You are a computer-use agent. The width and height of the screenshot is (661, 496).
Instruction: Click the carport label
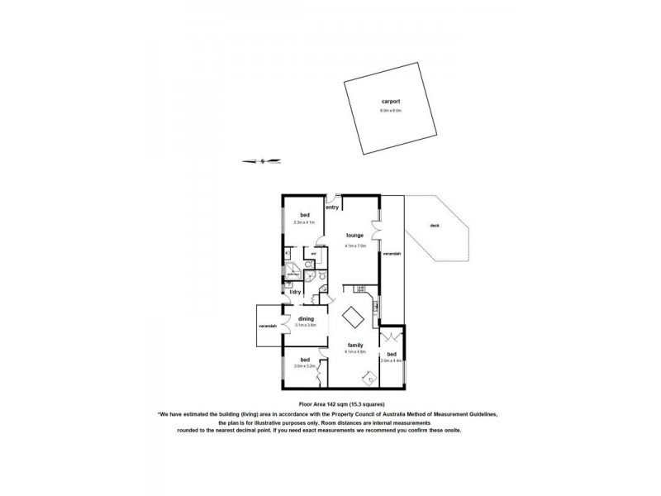(x=390, y=102)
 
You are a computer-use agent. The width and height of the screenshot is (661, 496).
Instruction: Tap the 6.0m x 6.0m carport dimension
(x=390, y=110)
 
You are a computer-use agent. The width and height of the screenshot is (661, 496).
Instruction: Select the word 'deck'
(x=435, y=226)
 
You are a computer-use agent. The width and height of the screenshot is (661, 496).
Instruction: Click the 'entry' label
(x=332, y=207)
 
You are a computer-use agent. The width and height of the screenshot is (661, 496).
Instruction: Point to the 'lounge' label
(x=355, y=236)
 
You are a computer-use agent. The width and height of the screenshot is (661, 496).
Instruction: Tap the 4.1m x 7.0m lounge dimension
(x=355, y=243)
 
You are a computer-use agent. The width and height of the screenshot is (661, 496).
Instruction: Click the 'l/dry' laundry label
(x=293, y=292)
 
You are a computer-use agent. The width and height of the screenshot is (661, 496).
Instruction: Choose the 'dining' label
(x=306, y=318)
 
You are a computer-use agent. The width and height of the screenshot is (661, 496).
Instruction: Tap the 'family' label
(x=355, y=346)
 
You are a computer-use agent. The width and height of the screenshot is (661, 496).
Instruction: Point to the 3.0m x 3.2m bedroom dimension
(x=306, y=366)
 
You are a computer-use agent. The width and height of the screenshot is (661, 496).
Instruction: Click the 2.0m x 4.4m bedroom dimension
(x=391, y=360)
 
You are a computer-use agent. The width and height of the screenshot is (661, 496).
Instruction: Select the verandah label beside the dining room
(x=266, y=325)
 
